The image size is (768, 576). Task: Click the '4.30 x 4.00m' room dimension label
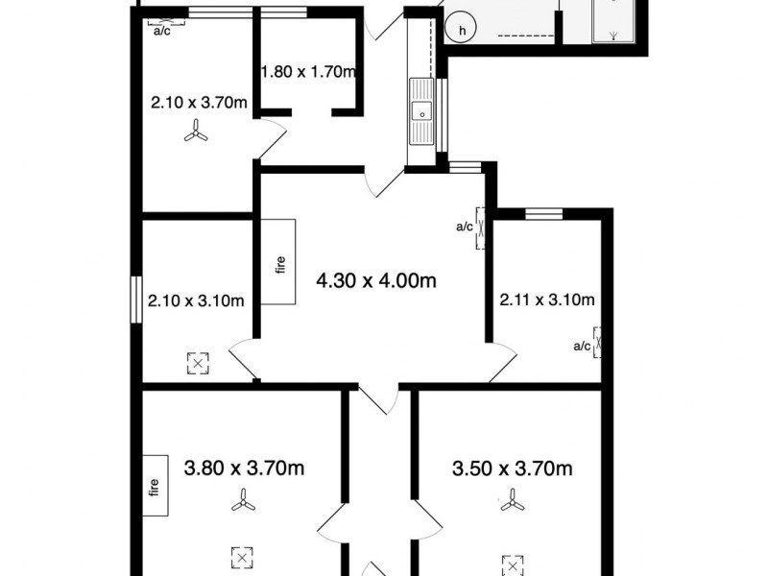(377, 281)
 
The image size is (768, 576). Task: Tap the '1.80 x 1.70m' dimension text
(308, 71)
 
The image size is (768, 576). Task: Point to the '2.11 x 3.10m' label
(547, 300)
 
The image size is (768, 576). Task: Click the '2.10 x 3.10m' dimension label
(196, 300)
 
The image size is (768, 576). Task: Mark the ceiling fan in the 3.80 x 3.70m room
(243, 500)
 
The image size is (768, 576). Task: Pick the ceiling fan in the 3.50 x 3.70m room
(513, 500)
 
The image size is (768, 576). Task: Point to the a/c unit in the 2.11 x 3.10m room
(599, 341)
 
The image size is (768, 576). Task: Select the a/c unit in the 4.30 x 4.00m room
(479, 228)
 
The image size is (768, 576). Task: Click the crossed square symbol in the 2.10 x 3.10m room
(198, 363)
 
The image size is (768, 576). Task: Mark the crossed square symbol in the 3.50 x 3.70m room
(513, 564)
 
